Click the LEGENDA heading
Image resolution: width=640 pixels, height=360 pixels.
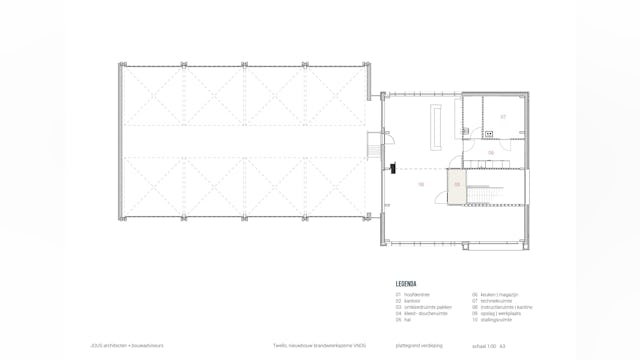click(406, 284)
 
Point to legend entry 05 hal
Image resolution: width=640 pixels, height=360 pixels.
click(405, 319)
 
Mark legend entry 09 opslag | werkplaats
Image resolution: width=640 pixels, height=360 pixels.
click(497, 313)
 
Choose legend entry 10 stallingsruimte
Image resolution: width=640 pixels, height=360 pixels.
click(494, 319)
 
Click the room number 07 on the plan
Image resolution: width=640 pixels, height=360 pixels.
click(503, 117)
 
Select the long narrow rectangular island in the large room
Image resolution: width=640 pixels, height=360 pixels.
click(436, 123)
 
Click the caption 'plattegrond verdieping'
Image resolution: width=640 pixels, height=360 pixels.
click(415, 345)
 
